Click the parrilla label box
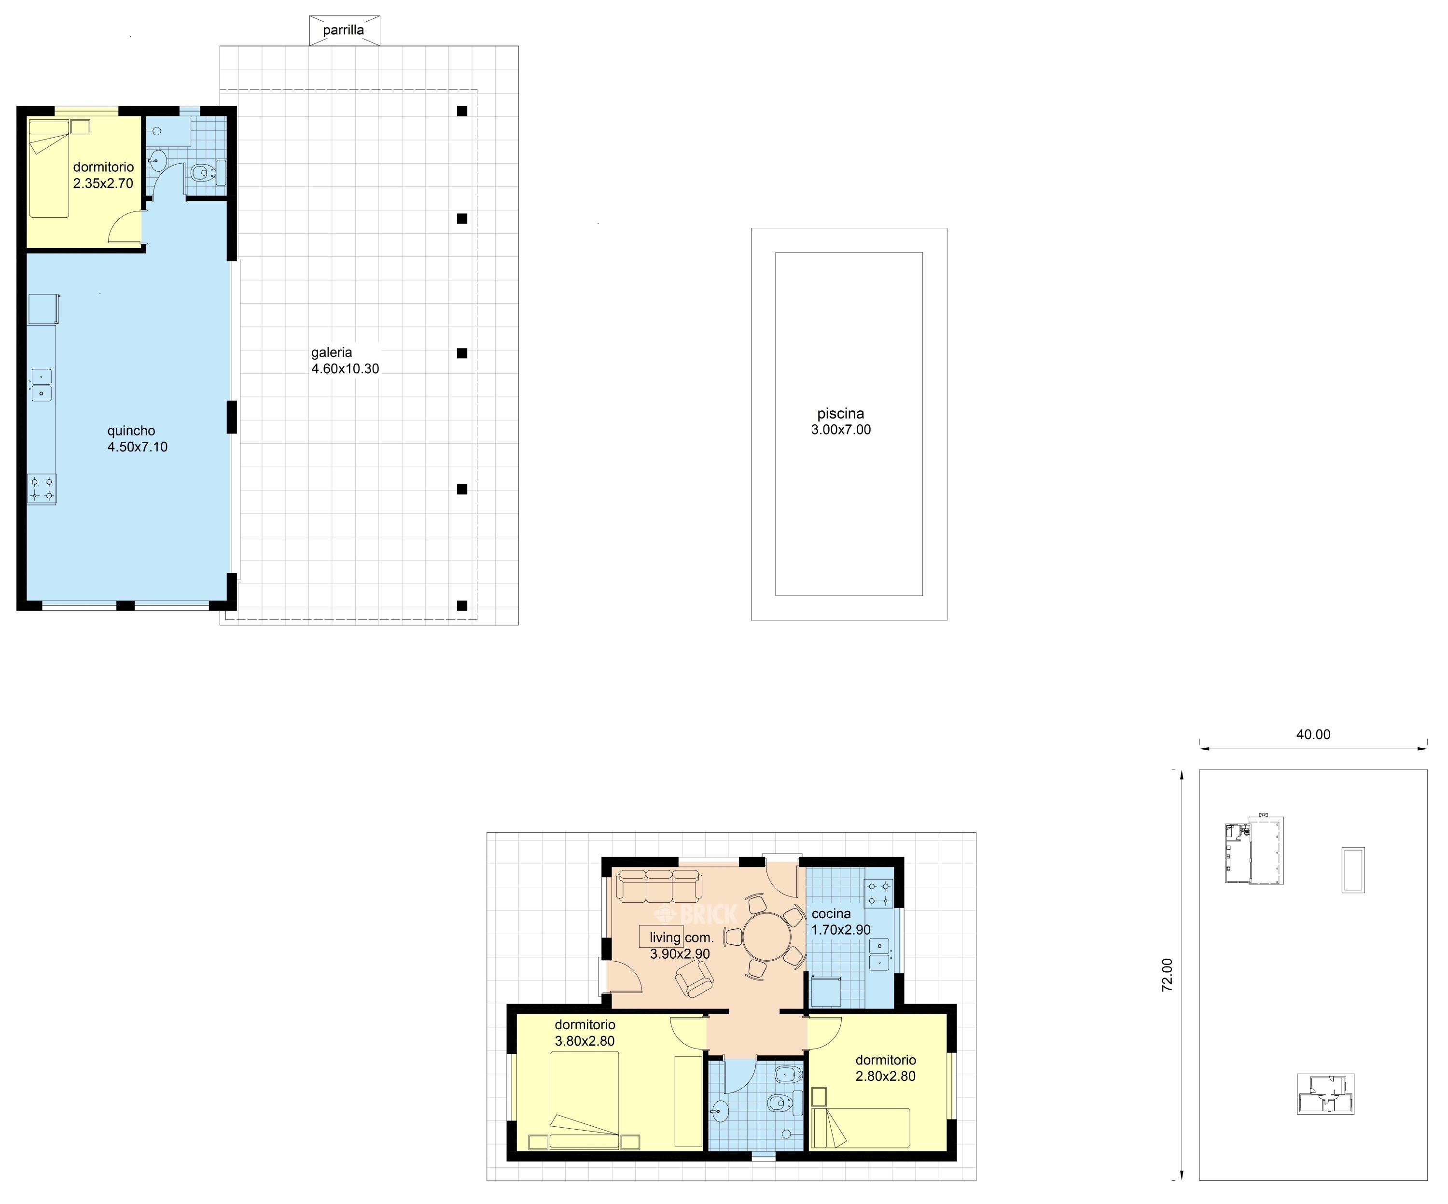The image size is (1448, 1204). (x=344, y=30)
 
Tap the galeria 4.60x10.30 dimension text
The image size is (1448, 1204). (x=345, y=361)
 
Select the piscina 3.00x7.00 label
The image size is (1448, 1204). (x=840, y=421)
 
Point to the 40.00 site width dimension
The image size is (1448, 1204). (x=1313, y=734)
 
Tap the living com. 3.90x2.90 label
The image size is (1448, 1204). (x=681, y=946)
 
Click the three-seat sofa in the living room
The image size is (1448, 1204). (x=659, y=886)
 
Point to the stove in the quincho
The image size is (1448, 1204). (x=42, y=489)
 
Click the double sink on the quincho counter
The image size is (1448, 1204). (x=42, y=385)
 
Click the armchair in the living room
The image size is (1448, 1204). (x=695, y=979)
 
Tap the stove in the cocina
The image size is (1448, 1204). (x=879, y=893)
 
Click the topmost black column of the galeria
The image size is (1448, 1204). (x=462, y=111)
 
